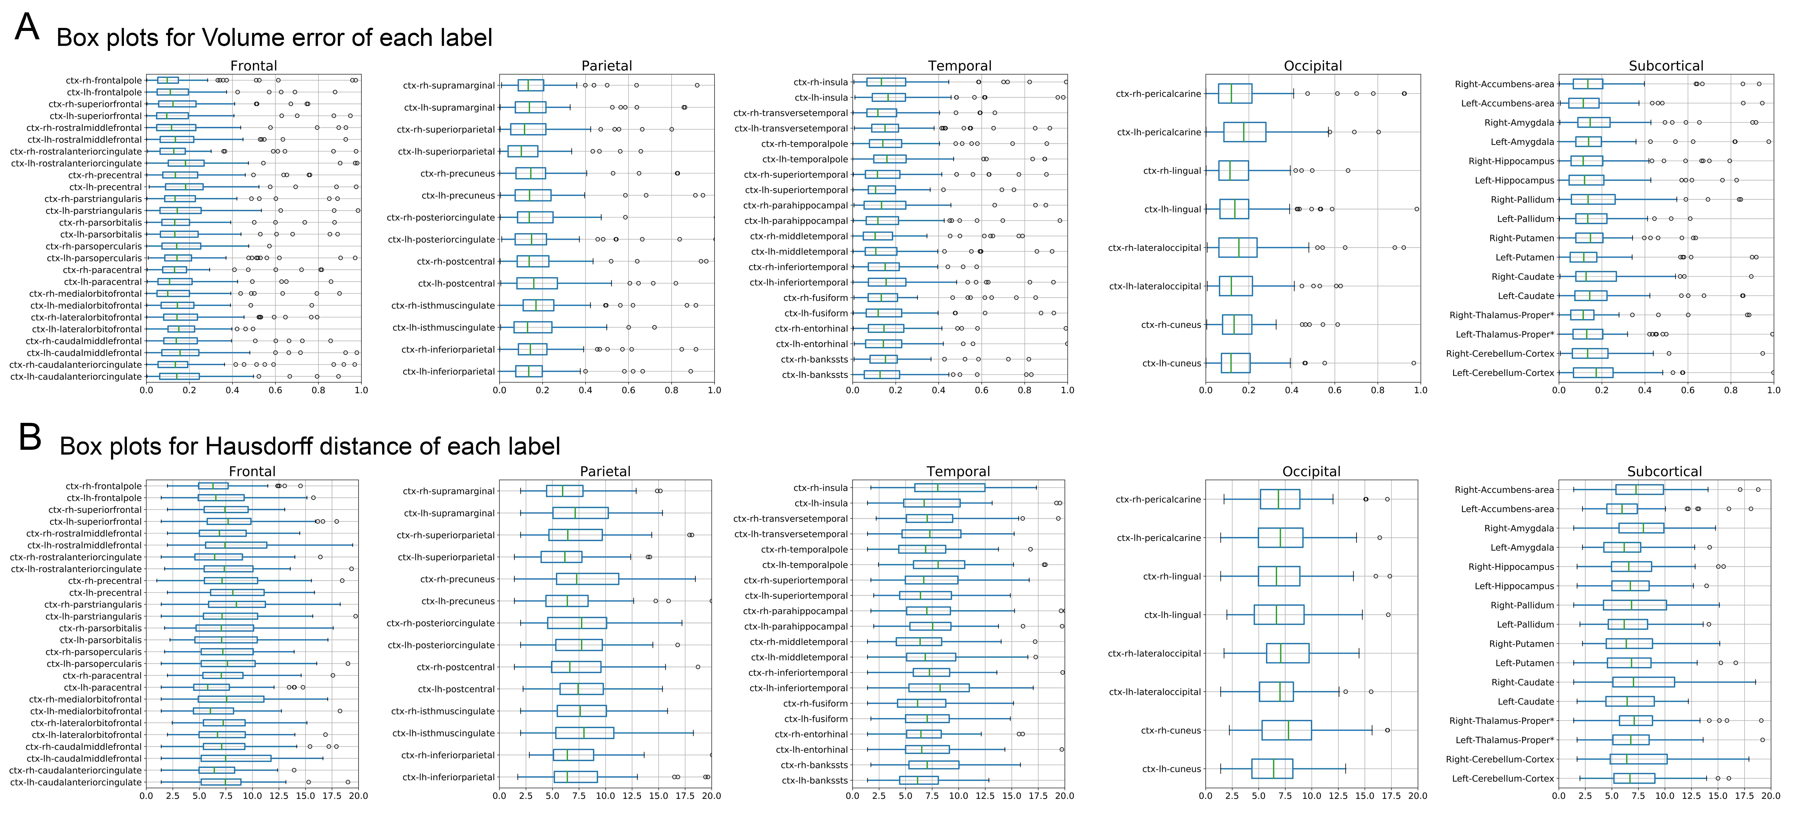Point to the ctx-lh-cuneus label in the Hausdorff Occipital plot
[1171, 769]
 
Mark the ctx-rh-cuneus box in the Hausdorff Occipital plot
[1286, 730]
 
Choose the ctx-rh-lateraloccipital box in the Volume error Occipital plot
[1237, 247]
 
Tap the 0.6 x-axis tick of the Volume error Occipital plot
[1334, 391]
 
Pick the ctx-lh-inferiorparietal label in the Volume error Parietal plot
[448, 371]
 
